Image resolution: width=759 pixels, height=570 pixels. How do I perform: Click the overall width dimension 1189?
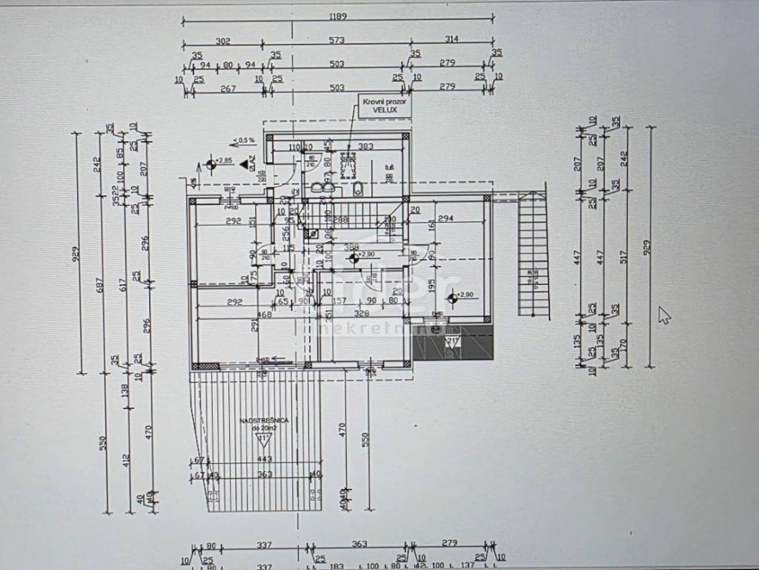click(x=339, y=16)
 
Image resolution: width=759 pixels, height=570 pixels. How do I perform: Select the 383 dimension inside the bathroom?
click(x=365, y=146)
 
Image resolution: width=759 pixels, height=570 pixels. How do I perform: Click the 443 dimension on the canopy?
click(x=265, y=459)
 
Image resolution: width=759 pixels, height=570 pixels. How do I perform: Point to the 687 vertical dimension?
click(x=104, y=284)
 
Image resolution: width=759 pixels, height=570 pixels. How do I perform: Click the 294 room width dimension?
click(x=445, y=220)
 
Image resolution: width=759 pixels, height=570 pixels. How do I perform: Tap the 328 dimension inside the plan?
click(x=361, y=314)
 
